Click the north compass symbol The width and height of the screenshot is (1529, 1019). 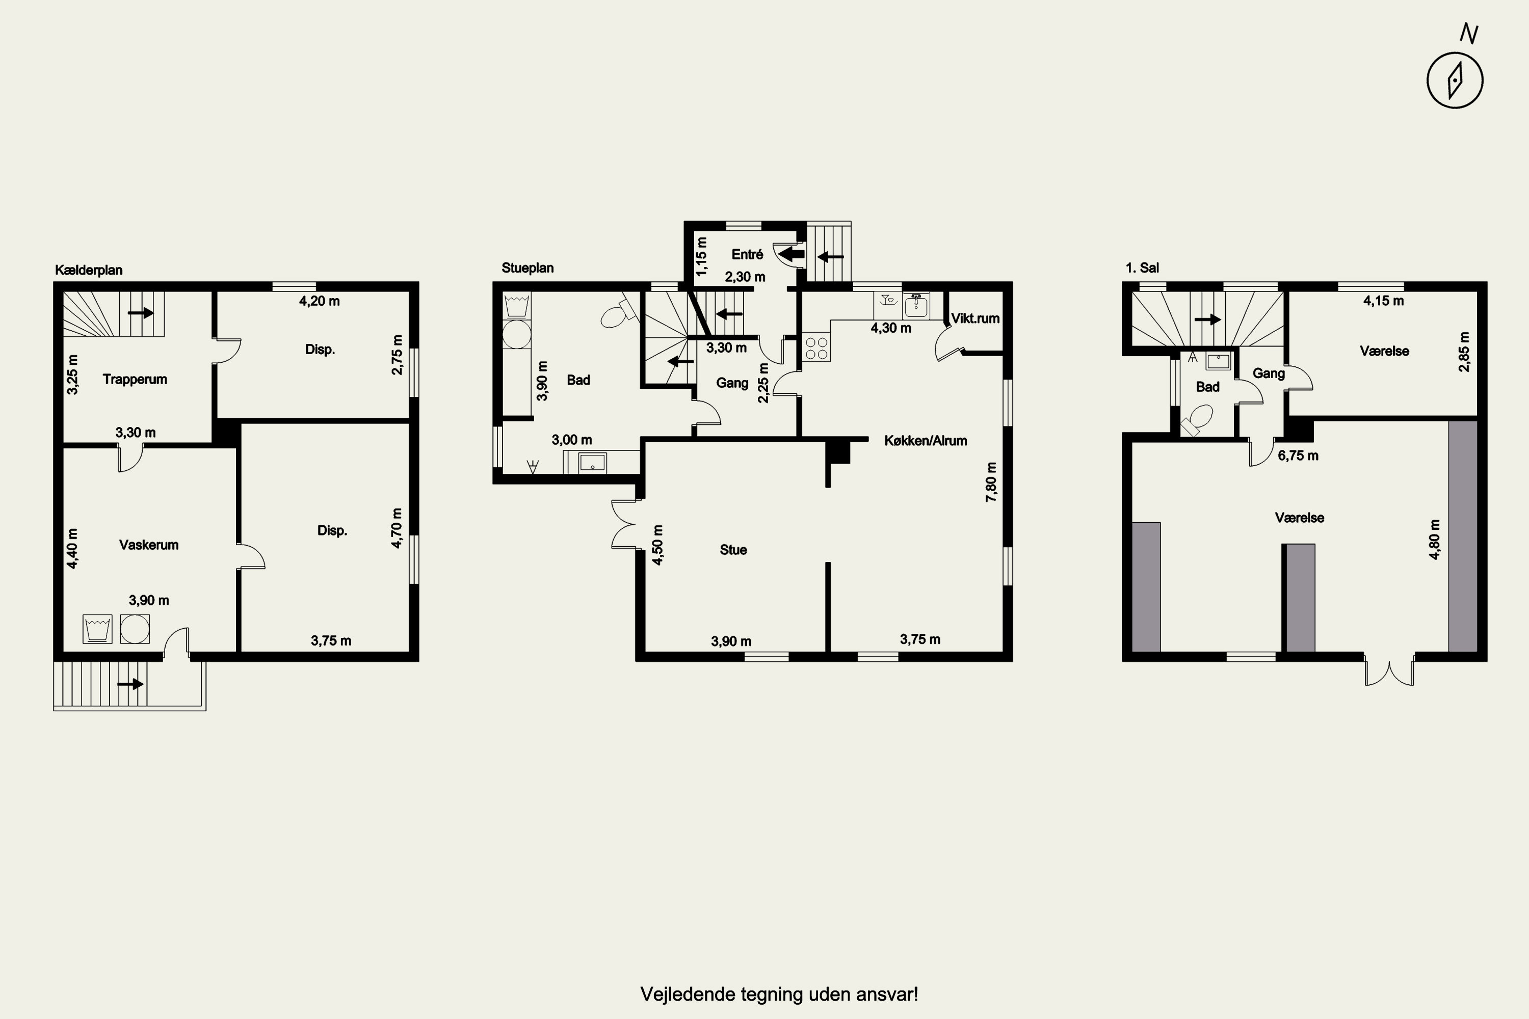click(x=1455, y=80)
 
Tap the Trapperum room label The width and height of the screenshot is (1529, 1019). click(x=135, y=380)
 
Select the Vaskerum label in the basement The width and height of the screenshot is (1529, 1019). click(x=149, y=545)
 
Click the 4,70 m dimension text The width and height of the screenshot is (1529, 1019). click(x=397, y=528)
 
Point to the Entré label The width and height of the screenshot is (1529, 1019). click(x=747, y=254)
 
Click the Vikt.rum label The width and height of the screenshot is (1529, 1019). click(x=975, y=318)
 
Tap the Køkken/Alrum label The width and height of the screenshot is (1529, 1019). click(x=925, y=441)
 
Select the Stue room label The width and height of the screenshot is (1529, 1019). click(x=733, y=550)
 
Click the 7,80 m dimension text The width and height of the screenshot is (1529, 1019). click(x=991, y=481)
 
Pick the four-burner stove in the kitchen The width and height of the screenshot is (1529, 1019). click(x=816, y=347)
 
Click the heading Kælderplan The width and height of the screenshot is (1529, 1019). click(x=88, y=270)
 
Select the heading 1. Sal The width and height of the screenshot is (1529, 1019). click(x=1142, y=268)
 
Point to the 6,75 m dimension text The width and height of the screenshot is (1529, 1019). click(x=1298, y=455)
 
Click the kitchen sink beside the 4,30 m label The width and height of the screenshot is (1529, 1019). click(x=916, y=305)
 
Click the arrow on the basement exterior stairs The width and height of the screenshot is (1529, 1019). click(x=130, y=684)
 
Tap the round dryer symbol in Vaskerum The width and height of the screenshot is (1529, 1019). click(x=135, y=629)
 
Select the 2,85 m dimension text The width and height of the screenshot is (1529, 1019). click(x=1463, y=352)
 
